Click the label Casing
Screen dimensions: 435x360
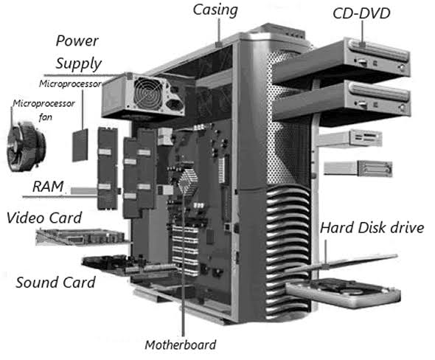[x=215, y=10]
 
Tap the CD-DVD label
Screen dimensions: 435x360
[x=361, y=13]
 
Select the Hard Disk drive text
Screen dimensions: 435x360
[x=372, y=228]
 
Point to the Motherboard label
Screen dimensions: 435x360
[x=181, y=345]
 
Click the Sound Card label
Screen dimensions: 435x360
[x=55, y=283]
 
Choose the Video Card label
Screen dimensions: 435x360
[x=44, y=218]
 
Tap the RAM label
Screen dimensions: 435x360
[x=48, y=186]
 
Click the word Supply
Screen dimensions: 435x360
[x=79, y=64]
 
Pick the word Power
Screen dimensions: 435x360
[x=77, y=41]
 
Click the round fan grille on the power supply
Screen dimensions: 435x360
[x=148, y=93]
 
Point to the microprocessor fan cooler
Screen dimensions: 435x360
[x=26, y=145]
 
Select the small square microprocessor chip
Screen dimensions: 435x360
[x=80, y=145]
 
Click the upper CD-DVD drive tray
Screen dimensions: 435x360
[x=341, y=62]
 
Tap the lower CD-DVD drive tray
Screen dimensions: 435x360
[x=341, y=103]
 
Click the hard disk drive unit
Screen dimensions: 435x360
[x=344, y=293]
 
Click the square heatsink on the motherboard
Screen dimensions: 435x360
[x=187, y=180]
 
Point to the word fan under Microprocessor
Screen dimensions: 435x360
[x=45, y=117]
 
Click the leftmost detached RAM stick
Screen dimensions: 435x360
[x=108, y=168]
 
